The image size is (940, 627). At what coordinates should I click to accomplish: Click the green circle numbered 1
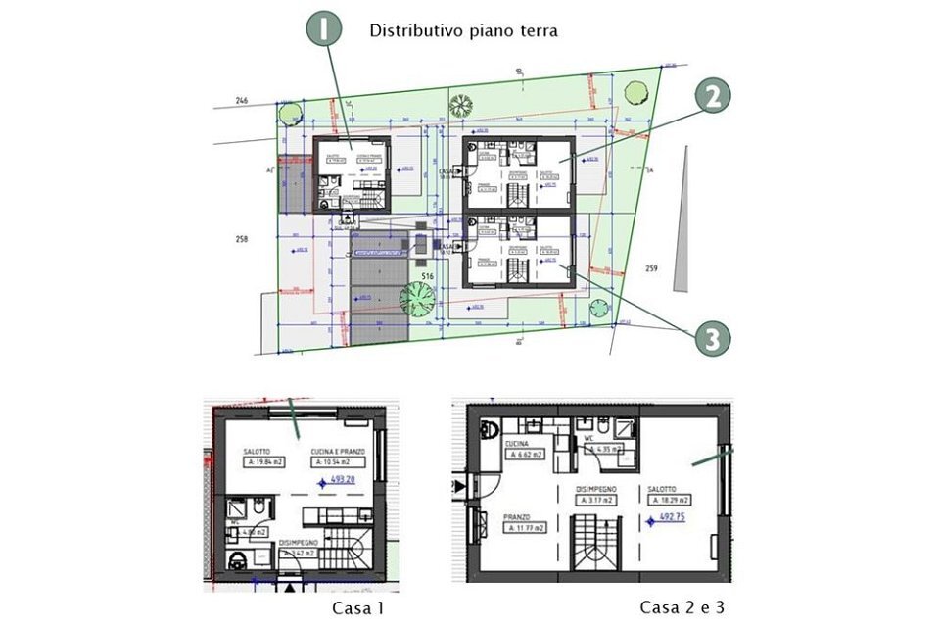(x=325, y=30)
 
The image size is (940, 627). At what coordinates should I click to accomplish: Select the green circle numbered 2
(x=714, y=96)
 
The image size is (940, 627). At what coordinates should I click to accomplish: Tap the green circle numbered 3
(x=714, y=339)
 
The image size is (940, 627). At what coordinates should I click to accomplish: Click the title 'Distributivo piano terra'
(x=463, y=30)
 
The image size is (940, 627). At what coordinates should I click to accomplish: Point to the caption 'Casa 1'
(x=358, y=608)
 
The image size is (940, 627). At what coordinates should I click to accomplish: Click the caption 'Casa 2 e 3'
(x=683, y=607)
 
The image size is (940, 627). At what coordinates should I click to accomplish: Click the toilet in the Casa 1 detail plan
(x=237, y=560)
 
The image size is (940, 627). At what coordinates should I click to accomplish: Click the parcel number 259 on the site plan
(x=652, y=267)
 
